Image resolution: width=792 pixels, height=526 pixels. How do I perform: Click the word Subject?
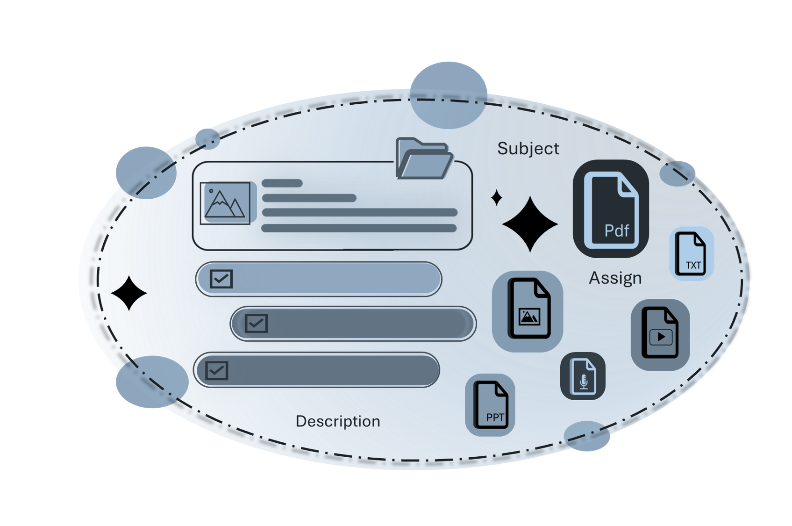pyautogui.click(x=528, y=149)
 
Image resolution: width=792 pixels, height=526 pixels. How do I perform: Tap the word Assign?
pyautogui.click(x=615, y=278)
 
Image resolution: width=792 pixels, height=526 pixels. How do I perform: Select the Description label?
pyautogui.click(x=338, y=421)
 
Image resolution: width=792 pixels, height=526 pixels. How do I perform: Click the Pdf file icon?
pyautogui.click(x=611, y=209)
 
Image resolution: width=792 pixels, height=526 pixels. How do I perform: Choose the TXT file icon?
pyautogui.click(x=691, y=253)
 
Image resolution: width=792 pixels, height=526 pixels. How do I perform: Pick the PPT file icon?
pyautogui.click(x=490, y=405)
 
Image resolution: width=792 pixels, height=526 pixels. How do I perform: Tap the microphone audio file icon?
pyautogui.click(x=583, y=376)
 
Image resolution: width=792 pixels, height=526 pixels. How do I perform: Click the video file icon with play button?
pyautogui.click(x=660, y=335)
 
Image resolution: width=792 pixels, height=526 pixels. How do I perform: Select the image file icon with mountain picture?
pyautogui.click(x=528, y=311)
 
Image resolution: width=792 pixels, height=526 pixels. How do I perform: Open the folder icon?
pyautogui.click(x=424, y=158)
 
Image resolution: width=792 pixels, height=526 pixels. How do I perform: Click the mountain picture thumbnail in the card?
pyautogui.click(x=225, y=203)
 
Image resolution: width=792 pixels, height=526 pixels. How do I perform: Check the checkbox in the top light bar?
pyautogui.click(x=221, y=279)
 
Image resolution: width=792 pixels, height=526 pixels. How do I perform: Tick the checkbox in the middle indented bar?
pyautogui.click(x=256, y=323)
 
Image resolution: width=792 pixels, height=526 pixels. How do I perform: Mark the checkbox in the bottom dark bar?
pyautogui.click(x=216, y=370)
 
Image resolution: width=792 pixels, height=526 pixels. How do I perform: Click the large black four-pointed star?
pyautogui.click(x=530, y=224)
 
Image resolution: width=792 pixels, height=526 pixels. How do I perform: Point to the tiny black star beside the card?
pyautogui.click(x=497, y=198)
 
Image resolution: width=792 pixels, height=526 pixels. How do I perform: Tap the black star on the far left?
pyautogui.click(x=128, y=293)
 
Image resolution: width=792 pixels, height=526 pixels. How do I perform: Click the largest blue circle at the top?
pyautogui.click(x=448, y=95)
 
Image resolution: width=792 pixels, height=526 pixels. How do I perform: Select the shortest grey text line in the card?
pyautogui.click(x=282, y=183)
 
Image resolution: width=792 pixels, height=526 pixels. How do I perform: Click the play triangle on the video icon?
pyautogui.click(x=661, y=337)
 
